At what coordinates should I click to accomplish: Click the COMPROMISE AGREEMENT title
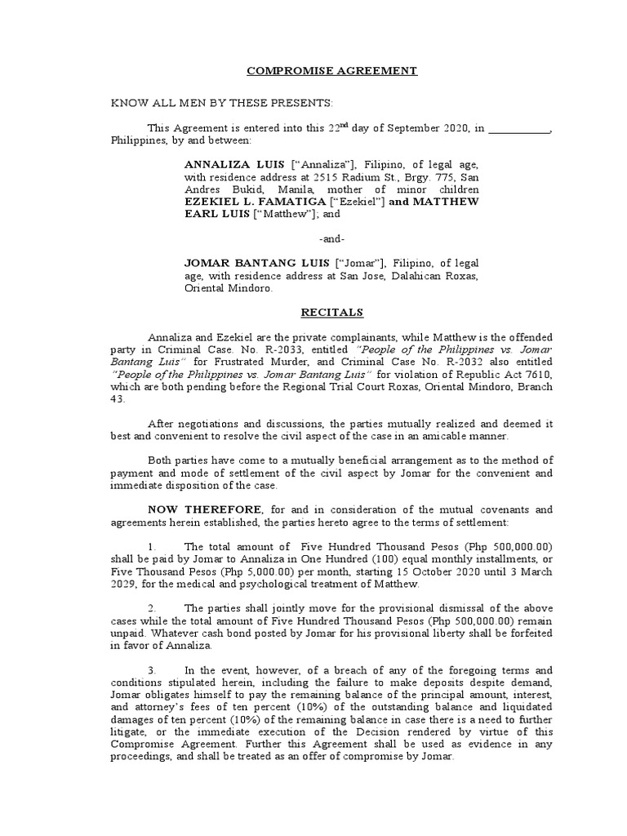point(332,71)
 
